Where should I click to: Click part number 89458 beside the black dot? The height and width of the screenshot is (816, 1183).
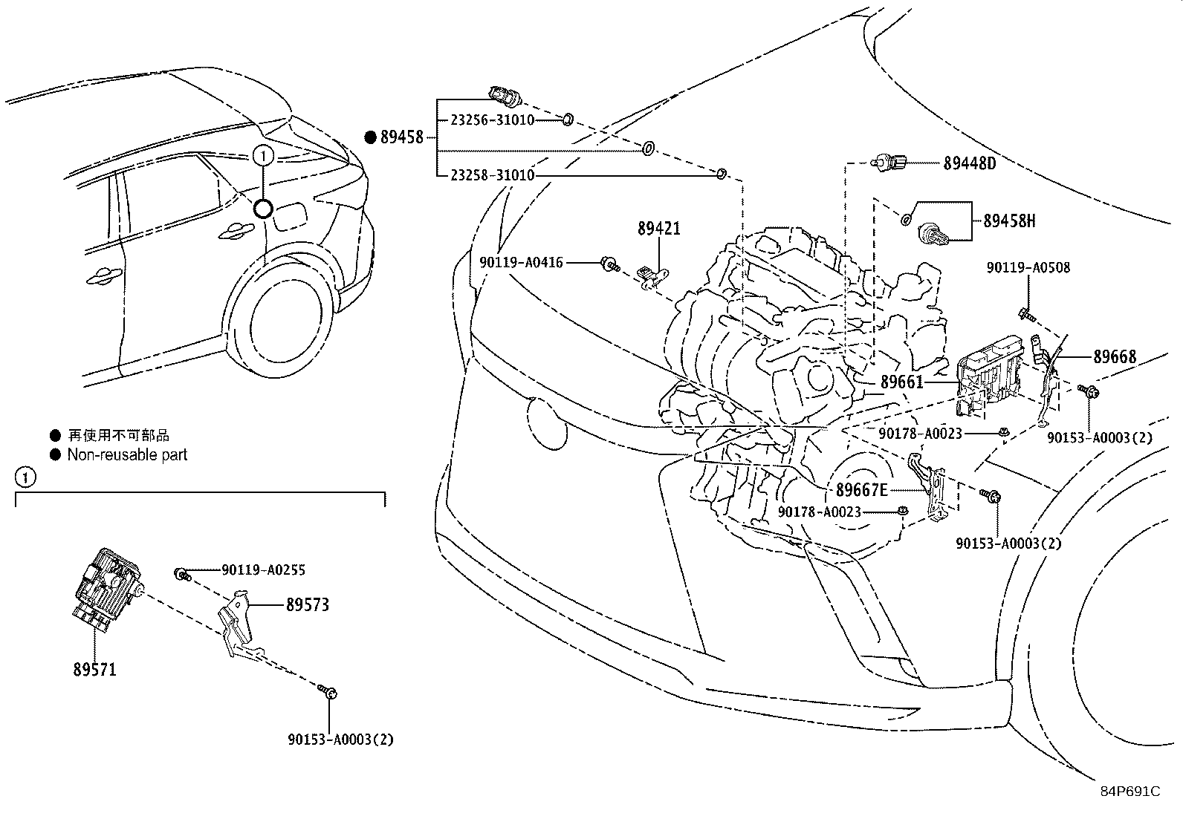click(401, 137)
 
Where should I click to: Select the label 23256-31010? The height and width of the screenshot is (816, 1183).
click(491, 120)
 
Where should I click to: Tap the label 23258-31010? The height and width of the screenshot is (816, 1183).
click(491, 176)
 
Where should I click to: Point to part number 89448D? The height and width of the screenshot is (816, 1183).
click(969, 163)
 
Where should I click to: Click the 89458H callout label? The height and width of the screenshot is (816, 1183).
click(1009, 221)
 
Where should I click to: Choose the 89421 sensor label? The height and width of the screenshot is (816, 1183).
click(658, 229)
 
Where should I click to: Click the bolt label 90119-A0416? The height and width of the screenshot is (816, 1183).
click(521, 262)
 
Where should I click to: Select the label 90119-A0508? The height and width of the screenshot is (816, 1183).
click(1028, 267)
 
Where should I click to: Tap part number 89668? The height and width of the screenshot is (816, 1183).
click(1114, 357)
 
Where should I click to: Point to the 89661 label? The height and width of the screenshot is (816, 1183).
click(901, 382)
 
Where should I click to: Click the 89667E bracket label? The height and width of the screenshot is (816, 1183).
click(861, 490)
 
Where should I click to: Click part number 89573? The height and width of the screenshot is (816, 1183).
click(307, 605)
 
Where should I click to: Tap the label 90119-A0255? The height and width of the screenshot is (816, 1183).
click(263, 570)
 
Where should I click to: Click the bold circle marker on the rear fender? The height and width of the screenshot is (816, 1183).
click(263, 209)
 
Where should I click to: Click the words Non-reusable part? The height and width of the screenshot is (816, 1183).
click(127, 454)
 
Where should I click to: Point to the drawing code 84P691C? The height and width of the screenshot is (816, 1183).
click(1129, 791)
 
